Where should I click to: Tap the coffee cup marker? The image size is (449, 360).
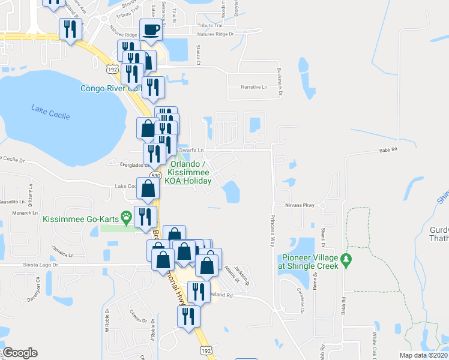(151, 28)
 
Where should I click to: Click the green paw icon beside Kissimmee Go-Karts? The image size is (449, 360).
(126, 215)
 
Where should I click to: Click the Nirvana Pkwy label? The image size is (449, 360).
(300, 205)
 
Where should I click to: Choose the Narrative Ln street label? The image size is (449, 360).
(254, 87)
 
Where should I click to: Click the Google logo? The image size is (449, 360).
(19, 353)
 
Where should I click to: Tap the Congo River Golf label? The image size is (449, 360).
(110, 89)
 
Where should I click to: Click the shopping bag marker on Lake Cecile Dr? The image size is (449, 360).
(148, 188)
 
